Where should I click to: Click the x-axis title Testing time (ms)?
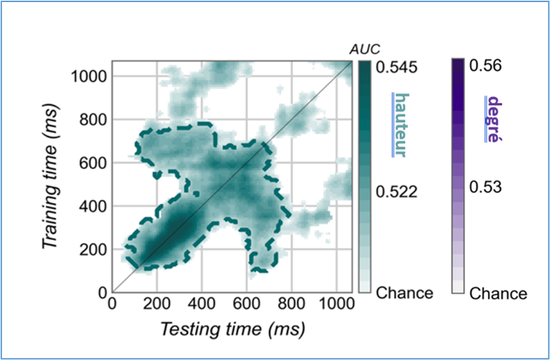click(233, 330)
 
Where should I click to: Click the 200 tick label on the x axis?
click(157, 305)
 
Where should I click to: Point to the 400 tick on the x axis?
click(201, 305)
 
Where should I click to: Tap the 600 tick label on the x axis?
click(246, 305)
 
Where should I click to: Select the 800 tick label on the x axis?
click(291, 305)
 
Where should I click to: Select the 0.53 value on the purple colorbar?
click(487, 188)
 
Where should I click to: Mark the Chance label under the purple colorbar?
click(498, 294)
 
